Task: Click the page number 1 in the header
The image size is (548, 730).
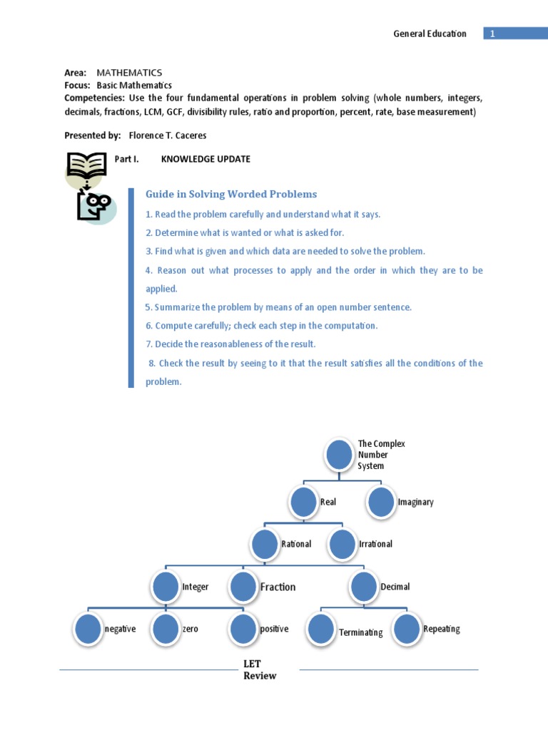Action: [x=492, y=34]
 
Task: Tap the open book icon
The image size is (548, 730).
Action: [x=85, y=166]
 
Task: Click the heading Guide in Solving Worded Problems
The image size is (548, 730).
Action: [x=231, y=194]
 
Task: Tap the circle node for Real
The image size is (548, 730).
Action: [x=304, y=502]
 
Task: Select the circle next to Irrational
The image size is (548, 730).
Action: [x=342, y=544]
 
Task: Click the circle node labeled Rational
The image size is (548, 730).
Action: [x=265, y=544]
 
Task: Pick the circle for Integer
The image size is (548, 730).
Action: [x=166, y=587]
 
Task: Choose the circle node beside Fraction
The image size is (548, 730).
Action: [x=243, y=587]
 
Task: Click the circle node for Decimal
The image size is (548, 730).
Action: [x=363, y=587]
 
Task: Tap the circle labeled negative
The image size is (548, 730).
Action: [x=88, y=629]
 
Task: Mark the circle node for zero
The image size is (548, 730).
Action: [x=166, y=629]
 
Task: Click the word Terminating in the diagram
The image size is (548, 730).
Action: [x=360, y=632]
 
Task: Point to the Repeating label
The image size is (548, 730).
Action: [x=441, y=629]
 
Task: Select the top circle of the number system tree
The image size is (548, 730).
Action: [x=340, y=455]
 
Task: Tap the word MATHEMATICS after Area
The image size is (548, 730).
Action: [x=129, y=73]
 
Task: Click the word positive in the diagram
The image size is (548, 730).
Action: [x=274, y=629]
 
